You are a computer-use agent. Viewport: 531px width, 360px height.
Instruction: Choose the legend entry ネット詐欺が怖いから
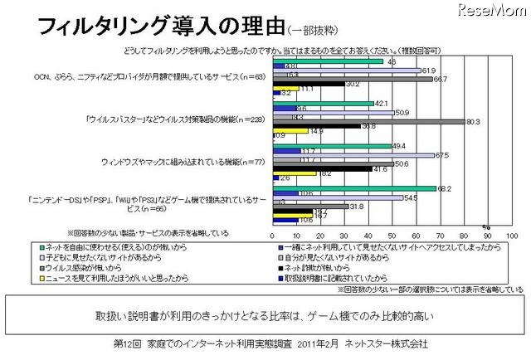point(316,266)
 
